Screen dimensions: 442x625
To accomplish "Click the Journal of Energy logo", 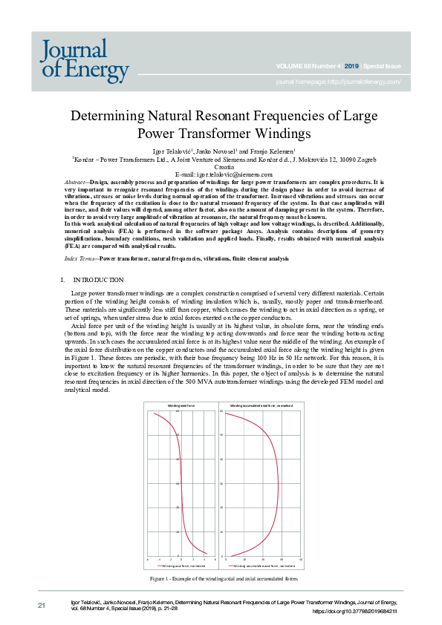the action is click(x=85, y=59).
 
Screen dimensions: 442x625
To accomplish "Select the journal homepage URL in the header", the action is click(x=338, y=82).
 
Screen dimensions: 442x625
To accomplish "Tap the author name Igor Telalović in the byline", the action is click(x=170, y=151).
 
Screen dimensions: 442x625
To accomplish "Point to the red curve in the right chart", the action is click(x=279, y=482).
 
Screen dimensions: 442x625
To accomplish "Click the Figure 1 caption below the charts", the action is click(x=224, y=577).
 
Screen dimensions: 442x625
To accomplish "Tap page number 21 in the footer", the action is click(x=42, y=606).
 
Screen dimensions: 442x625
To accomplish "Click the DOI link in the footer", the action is click(x=355, y=611).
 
